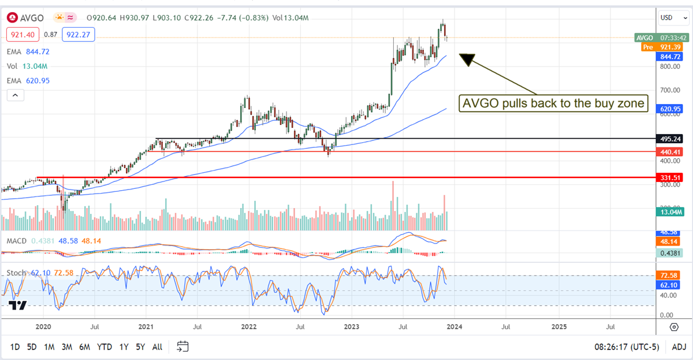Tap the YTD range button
105,347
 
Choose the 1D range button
15,347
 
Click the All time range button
157,347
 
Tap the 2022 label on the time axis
249,326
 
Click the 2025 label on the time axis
558,326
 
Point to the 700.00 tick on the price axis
669,91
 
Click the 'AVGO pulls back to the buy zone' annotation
553,104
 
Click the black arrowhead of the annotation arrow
466,58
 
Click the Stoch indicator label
16,272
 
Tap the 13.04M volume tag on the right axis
670,213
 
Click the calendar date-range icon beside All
182,347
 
